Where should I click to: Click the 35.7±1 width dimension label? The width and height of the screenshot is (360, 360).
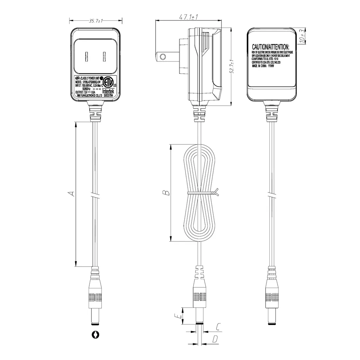coord(96,21)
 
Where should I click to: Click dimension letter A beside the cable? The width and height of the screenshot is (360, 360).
coord(71,194)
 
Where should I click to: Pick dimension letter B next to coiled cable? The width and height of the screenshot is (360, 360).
coord(166,193)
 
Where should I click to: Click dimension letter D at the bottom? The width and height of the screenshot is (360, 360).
coord(215,339)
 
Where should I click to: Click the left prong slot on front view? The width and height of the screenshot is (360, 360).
coord(87,57)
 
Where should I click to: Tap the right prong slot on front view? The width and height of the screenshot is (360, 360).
coord(104,57)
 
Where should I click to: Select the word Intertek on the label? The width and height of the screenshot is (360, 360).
coord(110,91)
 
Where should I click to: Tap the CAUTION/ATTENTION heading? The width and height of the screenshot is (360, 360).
coord(270,47)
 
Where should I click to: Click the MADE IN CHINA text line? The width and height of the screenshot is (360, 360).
coord(263,67)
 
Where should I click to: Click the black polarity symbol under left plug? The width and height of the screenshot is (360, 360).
coord(96,335)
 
